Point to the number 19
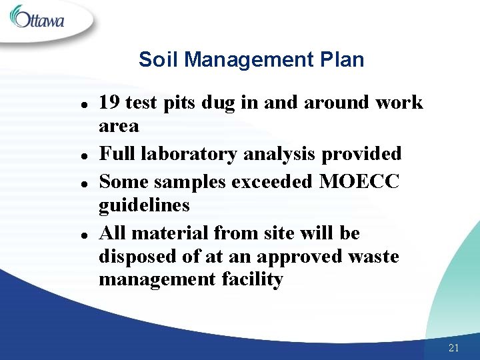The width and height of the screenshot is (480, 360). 110,102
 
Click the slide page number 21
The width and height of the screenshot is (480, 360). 454,347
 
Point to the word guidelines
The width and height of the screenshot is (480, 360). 144,206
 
